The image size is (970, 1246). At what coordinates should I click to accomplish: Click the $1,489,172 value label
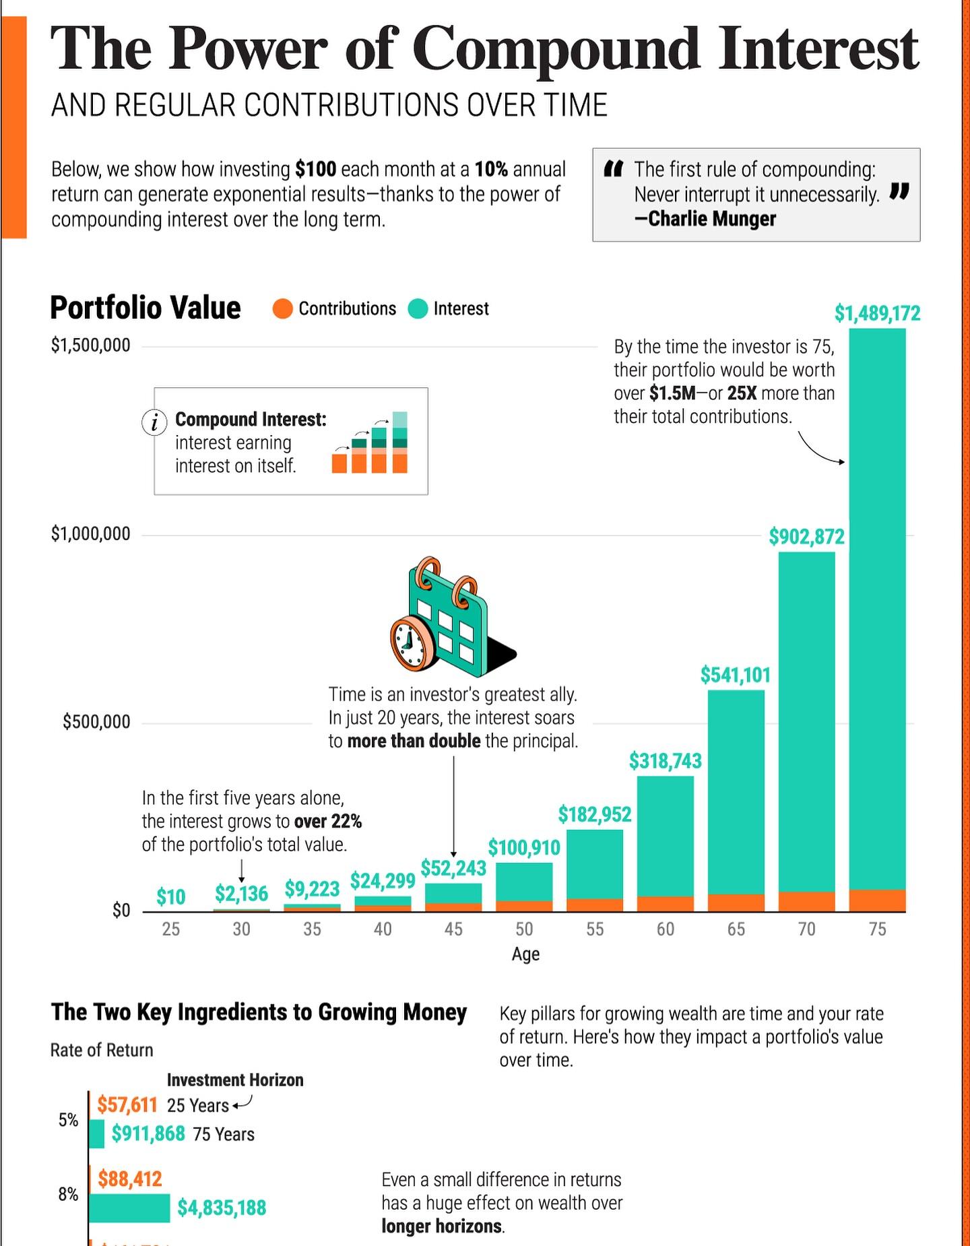pyautogui.click(x=877, y=313)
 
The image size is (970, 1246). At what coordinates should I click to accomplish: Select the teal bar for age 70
pyautogui.click(x=806, y=721)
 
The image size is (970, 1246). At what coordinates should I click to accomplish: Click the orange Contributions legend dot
pyautogui.click(x=283, y=309)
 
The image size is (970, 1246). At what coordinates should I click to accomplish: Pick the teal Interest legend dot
pyautogui.click(x=418, y=309)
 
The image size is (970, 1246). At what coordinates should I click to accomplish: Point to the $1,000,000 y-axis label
pyautogui.click(x=90, y=534)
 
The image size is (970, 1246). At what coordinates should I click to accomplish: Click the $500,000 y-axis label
pyautogui.click(x=96, y=722)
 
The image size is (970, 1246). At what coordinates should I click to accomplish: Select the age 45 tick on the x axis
pyautogui.click(x=453, y=929)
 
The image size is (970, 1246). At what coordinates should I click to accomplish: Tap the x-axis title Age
pyautogui.click(x=525, y=954)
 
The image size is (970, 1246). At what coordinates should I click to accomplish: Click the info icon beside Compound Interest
pyautogui.click(x=154, y=422)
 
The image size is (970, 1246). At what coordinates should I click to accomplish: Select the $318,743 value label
pyautogui.click(x=665, y=761)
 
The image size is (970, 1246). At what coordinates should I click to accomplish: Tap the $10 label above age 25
pyautogui.click(x=170, y=897)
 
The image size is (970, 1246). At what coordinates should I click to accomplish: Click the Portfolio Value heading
pyautogui.click(x=145, y=308)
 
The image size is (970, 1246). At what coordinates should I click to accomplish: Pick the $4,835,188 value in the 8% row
pyautogui.click(x=222, y=1208)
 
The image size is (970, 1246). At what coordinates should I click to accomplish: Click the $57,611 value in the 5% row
pyautogui.click(x=127, y=1105)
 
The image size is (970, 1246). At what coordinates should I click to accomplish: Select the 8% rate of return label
pyautogui.click(x=68, y=1194)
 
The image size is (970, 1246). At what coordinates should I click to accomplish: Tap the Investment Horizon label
pyautogui.click(x=235, y=1080)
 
